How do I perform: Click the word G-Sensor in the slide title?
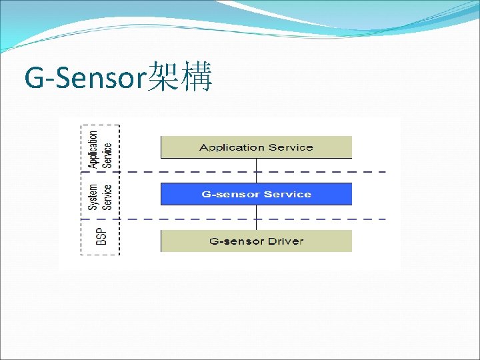click(x=84, y=78)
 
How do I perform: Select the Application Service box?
click(x=256, y=147)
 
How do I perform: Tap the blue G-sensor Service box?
click(x=256, y=194)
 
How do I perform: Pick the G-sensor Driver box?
click(x=256, y=241)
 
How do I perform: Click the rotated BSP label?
click(x=101, y=237)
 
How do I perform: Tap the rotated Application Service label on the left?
click(x=101, y=148)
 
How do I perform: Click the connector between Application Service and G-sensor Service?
click(x=256, y=171)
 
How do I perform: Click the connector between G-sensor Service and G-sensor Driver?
click(x=256, y=217)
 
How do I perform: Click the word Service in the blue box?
click(x=287, y=194)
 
